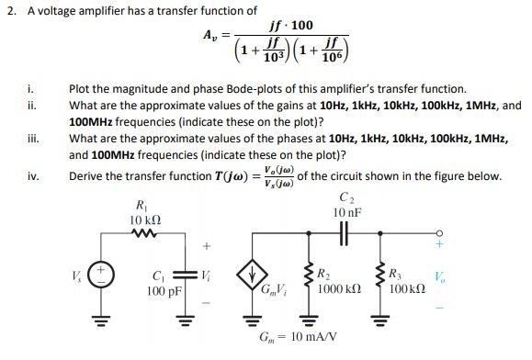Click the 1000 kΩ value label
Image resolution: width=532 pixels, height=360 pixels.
point(336,290)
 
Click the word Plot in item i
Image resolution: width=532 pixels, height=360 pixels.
point(80,90)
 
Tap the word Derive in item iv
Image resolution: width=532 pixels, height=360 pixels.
point(87,175)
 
